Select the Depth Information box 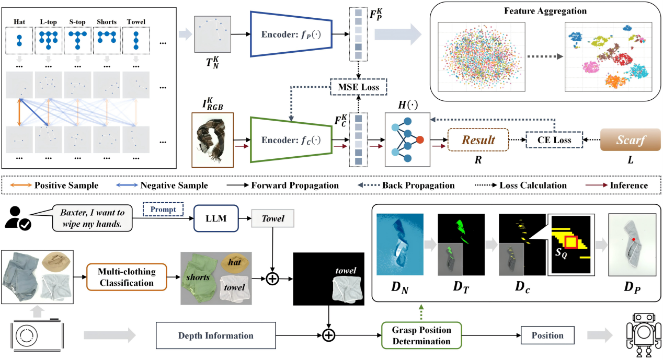click(x=216, y=335)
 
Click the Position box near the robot click(x=547, y=335)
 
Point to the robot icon click(x=642, y=333)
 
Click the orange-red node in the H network click(x=420, y=140)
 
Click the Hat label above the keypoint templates click(x=20, y=22)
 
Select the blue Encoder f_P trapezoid click(x=292, y=35)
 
